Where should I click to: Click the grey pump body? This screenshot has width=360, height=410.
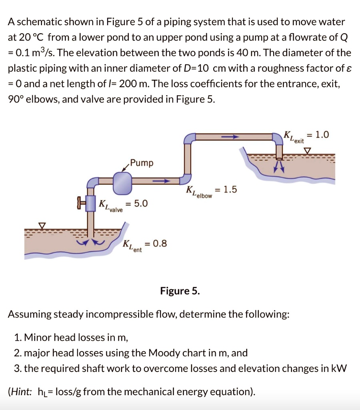pyautogui.click(x=123, y=183)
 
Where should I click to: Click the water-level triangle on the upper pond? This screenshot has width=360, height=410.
pyautogui.click(x=307, y=150)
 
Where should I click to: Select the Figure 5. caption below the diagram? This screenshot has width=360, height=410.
pyautogui.click(x=180, y=291)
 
